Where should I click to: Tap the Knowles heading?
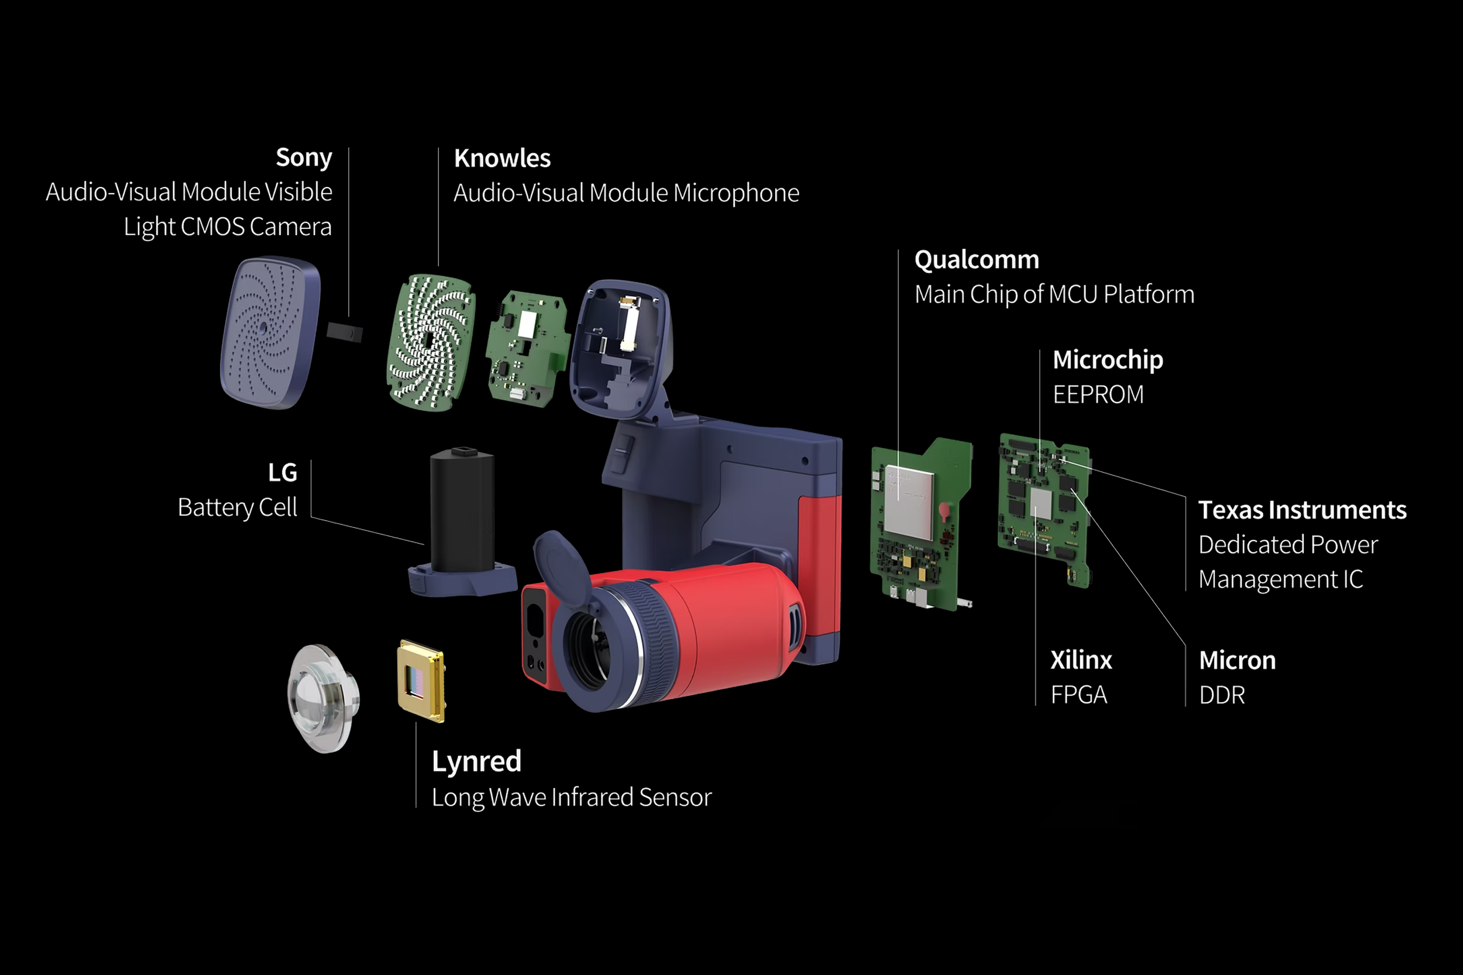(502, 159)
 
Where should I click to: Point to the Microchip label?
(1107, 360)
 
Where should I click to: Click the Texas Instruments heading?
(1302, 510)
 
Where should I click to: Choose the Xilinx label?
(1081, 660)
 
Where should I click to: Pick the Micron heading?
(1237, 660)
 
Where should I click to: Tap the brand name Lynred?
(476, 762)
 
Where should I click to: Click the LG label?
(282, 473)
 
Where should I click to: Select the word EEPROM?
(1098, 395)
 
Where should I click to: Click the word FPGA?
(1079, 695)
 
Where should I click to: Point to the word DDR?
(1222, 695)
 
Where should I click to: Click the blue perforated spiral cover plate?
(271, 333)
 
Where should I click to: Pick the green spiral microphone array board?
(431, 342)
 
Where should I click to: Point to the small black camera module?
(344, 331)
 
